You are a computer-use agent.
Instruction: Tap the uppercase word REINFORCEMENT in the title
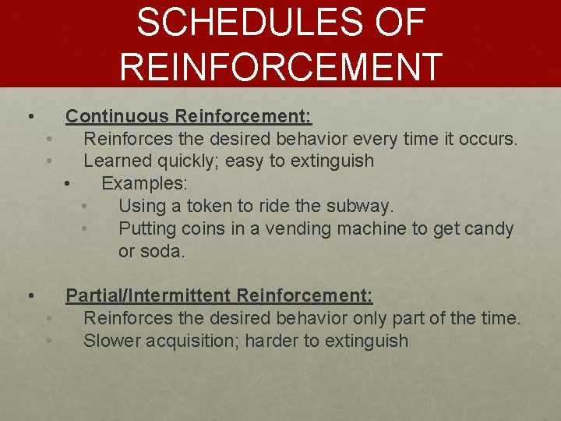[280, 66]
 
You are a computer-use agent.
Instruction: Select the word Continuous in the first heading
[117, 116]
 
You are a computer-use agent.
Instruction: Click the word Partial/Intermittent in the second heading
[148, 295]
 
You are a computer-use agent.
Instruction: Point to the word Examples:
[144, 184]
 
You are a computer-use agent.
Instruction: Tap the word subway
[364, 207]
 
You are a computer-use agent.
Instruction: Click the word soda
[164, 252]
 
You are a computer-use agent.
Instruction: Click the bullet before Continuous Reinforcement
[30, 117]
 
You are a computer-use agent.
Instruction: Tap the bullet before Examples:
[68, 185]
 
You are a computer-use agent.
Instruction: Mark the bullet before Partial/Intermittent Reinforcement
[30, 296]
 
